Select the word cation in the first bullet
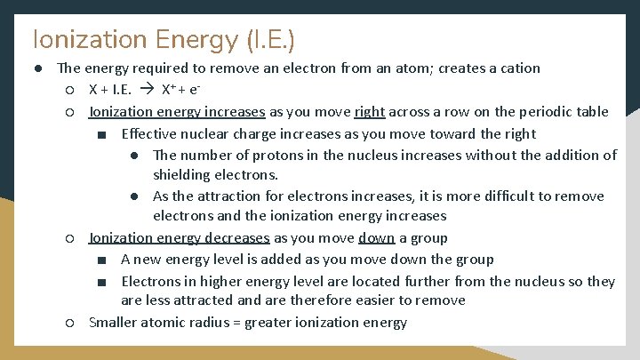pos(518,68)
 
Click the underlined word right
pos(369,111)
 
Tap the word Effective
pos(150,133)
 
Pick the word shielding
pos(181,174)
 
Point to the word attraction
pos(240,196)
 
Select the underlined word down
pos(376,237)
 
